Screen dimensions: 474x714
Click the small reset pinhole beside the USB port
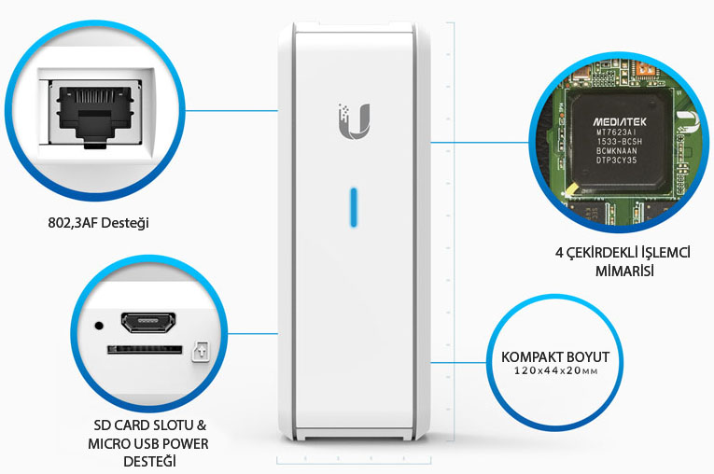[x=99, y=326]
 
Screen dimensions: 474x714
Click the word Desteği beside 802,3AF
[x=129, y=224]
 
